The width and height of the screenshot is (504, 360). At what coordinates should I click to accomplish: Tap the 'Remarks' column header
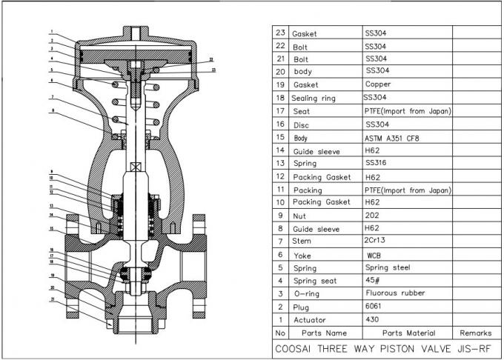point(475,333)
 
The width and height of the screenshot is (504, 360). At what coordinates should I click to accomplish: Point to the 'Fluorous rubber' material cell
point(394,293)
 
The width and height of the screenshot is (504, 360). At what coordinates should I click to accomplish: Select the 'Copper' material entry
point(378,84)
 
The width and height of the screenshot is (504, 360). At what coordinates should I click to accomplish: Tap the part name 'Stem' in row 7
point(302,241)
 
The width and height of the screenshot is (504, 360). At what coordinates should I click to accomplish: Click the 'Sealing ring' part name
point(316,98)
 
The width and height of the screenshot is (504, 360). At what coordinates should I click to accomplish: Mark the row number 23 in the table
point(280,33)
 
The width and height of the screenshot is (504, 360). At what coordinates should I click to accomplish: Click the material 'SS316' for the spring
point(377,163)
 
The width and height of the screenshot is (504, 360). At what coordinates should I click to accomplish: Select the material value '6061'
point(375,306)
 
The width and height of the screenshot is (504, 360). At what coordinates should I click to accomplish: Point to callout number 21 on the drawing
point(53,299)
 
